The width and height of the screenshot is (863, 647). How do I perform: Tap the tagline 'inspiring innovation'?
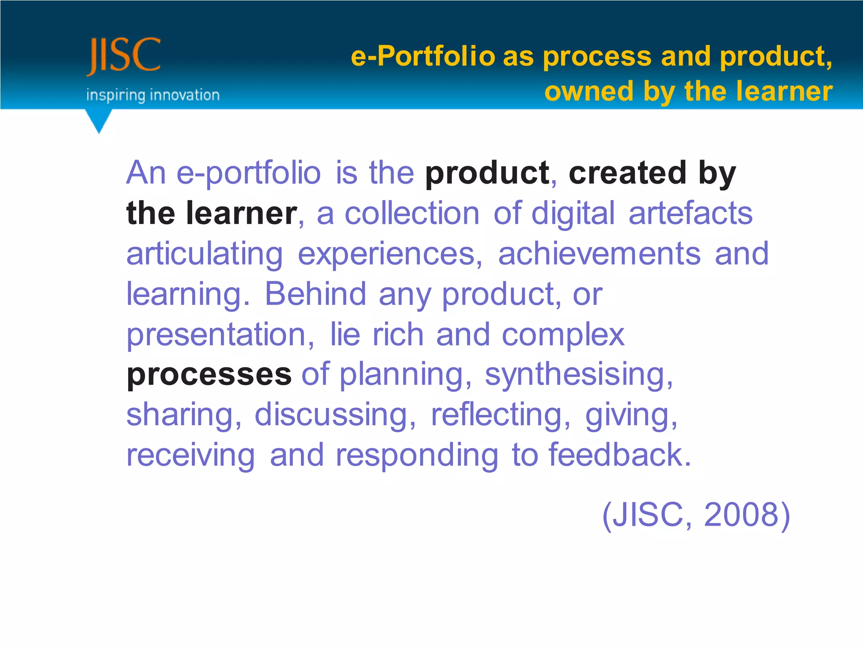pyautogui.click(x=153, y=95)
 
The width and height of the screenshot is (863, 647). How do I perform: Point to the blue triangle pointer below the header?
pyautogui.click(x=99, y=120)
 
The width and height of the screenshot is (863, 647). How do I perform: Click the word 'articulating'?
pyautogui.click(x=205, y=254)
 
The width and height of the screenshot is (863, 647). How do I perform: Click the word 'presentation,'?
pyautogui.click(x=220, y=335)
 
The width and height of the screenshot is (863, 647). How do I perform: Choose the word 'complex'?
pyautogui.click(x=563, y=335)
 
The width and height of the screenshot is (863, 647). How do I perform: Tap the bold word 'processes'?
pyautogui.click(x=209, y=374)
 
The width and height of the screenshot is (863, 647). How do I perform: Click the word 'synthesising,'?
pyautogui.click(x=579, y=374)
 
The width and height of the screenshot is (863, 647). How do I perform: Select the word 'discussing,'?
pyautogui.click(x=335, y=415)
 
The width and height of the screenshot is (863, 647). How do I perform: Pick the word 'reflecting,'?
pyautogui.click(x=500, y=415)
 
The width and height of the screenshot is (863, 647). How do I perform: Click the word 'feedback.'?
pyautogui.click(x=620, y=455)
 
